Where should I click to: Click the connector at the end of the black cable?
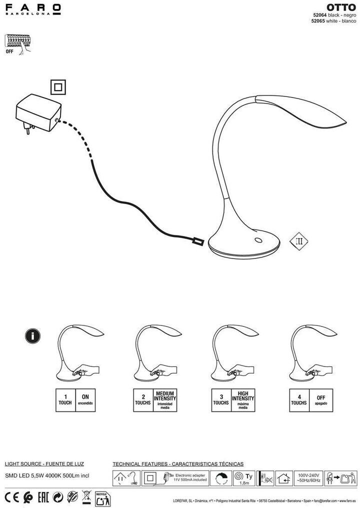[x=198, y=241]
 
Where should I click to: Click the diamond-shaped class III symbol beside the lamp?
[x=299, y=241]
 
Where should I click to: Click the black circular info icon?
[x=32, y=336]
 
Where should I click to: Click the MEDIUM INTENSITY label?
[x=164, y=395]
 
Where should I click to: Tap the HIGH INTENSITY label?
[x=243, y=395]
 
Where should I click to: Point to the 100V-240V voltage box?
[x=309, y=477]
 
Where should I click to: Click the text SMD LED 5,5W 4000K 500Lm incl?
[x=46, y=475]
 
